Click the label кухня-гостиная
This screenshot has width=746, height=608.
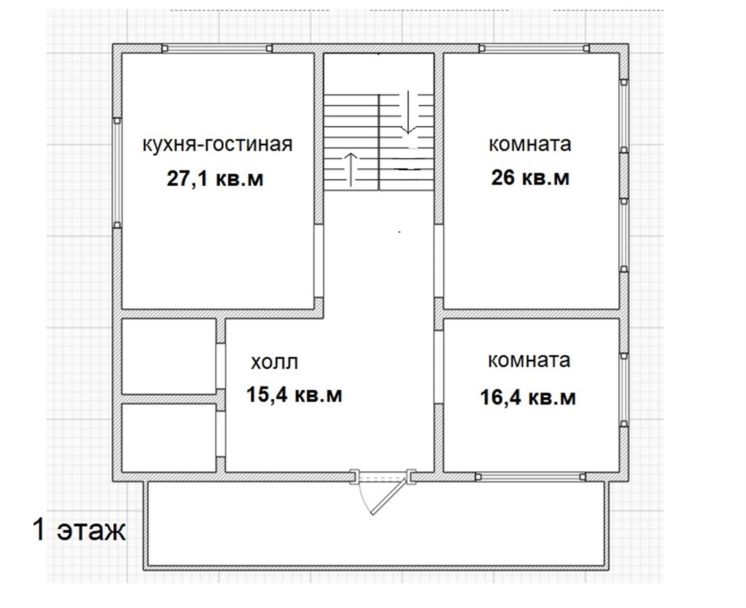coord(218,144)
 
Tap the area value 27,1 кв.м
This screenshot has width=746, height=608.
coord(215,179)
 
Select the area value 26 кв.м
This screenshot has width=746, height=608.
coord(530,178)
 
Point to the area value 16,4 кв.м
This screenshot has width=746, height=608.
coord(528,397)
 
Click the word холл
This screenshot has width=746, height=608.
coord(275,362)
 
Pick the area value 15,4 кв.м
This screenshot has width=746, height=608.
coord(294,394)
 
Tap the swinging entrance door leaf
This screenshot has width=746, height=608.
coord(389,495)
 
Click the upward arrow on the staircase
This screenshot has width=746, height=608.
coord(351,169)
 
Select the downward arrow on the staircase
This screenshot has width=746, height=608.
coord(408,113)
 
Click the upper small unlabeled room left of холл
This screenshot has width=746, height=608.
coord(169,356)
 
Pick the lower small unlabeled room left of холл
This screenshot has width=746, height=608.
coord(169,437)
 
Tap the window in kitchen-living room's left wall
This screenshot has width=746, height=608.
coord(117,173)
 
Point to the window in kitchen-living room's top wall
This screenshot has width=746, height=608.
coord(217,49)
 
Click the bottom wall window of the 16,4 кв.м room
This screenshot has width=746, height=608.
coord(530,477)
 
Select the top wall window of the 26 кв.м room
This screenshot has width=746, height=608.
coord(534,49)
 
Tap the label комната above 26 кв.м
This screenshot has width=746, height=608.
coord(530,144)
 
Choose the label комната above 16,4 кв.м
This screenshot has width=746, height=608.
coord(529,361)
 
